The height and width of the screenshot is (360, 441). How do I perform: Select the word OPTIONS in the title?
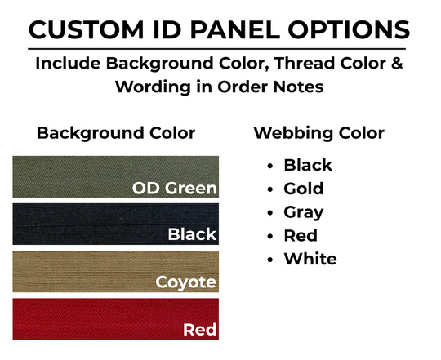click(x=350, y=29)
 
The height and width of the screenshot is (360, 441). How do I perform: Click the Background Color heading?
click(x=116, y=133)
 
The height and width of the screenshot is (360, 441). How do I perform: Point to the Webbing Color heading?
click(x=319, y=133)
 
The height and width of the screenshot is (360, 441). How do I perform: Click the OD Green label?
click(x=175, y=189)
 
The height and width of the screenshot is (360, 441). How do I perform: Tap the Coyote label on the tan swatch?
click(x=186, y=283)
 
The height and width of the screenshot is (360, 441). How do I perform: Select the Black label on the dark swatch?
click(x=192, y=235)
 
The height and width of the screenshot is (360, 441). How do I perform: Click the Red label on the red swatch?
click(x=199, y=330)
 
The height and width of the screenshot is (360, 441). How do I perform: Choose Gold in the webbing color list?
click(x=304, y=189)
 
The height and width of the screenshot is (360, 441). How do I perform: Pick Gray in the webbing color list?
click(x=304, y=212)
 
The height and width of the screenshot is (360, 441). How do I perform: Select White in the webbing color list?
click(x=310, y=260)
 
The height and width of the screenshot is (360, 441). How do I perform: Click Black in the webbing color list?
click(x=308, y=165)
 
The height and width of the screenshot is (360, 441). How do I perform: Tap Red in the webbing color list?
click(x=301, y=236)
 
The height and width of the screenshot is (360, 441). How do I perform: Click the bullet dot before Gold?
click(x=269, y=189)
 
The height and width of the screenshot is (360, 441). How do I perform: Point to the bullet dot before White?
click(x=269, y=260)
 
